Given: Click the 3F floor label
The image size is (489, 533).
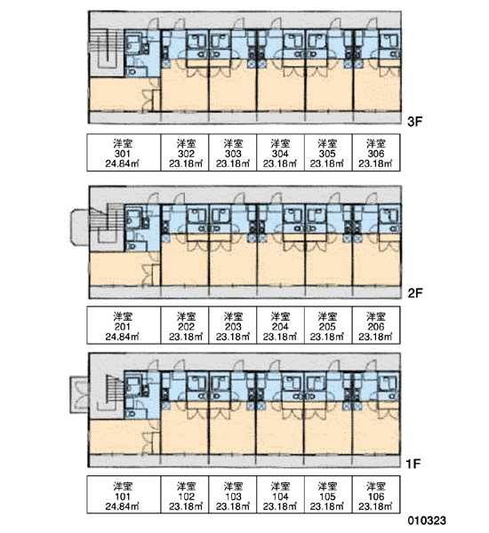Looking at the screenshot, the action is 414,122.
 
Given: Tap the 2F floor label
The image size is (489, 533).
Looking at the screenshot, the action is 415,292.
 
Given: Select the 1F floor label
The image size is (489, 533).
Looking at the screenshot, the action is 413,464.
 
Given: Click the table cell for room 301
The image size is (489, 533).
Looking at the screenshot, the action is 124,153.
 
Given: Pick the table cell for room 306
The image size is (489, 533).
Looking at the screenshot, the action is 376,153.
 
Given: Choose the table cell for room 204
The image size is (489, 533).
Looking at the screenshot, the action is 280,325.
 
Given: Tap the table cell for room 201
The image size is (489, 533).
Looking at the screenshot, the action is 124,325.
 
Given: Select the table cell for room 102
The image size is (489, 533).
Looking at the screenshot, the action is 185,495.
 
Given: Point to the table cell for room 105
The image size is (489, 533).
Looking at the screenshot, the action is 328,495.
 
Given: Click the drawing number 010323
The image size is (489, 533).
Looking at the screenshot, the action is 427,521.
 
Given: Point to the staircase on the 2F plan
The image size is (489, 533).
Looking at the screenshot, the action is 106,225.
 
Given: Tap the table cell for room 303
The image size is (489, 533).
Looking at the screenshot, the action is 233,153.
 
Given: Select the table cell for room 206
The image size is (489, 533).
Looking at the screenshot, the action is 376,325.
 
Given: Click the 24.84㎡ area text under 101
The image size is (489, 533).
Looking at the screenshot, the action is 122,506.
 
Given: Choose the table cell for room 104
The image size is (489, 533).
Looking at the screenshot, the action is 280,495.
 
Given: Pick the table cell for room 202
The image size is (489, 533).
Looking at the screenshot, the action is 185,325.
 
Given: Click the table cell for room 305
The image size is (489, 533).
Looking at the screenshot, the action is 328,153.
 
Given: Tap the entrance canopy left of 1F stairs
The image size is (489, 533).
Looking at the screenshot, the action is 79,394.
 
